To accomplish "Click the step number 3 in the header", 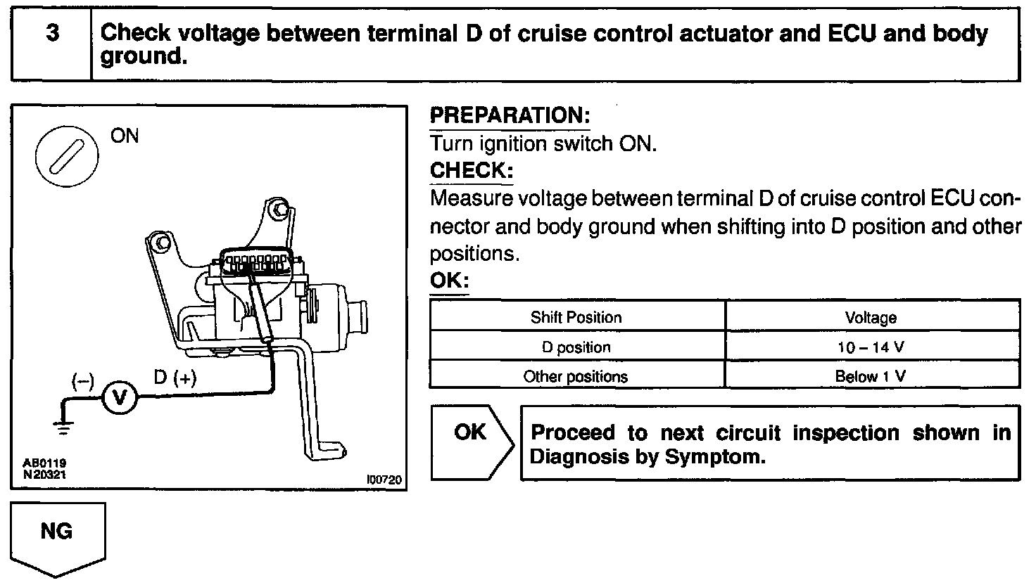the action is pyautogui.click(x=51, y=34).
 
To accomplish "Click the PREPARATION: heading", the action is pyautogui.click(x=510, y=116).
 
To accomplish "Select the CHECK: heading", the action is pyautogui.click(x=471, y=171).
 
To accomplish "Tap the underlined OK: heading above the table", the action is pyautogui.click(x=448, y=281).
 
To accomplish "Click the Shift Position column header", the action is pyautogui.click(x=576, y=317).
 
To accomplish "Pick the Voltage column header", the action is pyautogui.click(x=871, y=318).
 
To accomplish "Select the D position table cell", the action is pyautogui.click(x=576, y=347).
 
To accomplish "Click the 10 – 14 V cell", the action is pyautogui.click(x=871, y=347).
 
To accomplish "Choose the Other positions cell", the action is pyautogui.click(x=576, y=377).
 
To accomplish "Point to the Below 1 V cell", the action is pyautogui.click(x=871, y=377).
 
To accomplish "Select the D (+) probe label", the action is pyautogui.click(x=175, y=378).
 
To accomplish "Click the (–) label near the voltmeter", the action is pyautogui.click(x=82, y=380).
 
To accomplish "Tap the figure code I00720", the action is pyautogui.click(x=384, y=480).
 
